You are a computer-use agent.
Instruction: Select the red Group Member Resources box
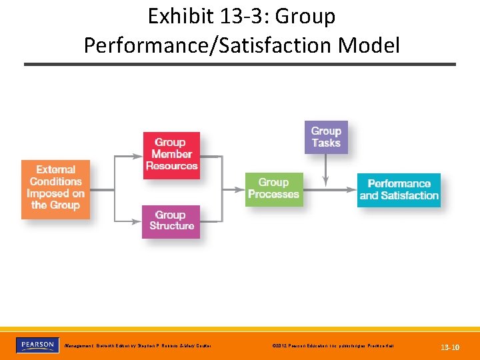pos(171,155)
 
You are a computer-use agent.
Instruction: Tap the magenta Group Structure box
pos(171,221)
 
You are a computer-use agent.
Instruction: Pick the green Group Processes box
pos(273,189)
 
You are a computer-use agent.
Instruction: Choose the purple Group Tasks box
pos(326,137)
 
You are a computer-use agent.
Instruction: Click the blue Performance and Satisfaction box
pos(399,189)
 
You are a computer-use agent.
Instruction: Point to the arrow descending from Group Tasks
pos(326,170)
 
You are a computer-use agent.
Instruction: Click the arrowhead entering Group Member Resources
pos(139,157)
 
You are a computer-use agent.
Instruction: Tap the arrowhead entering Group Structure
pos(138,221)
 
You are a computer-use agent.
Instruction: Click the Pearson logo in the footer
pos(37,345)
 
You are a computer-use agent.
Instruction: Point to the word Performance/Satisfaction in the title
pos(207,45)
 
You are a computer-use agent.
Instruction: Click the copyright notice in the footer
pos(333,347)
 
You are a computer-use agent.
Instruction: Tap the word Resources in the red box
pos(171,166)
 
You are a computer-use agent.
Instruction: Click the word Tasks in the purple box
pos(326,143)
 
